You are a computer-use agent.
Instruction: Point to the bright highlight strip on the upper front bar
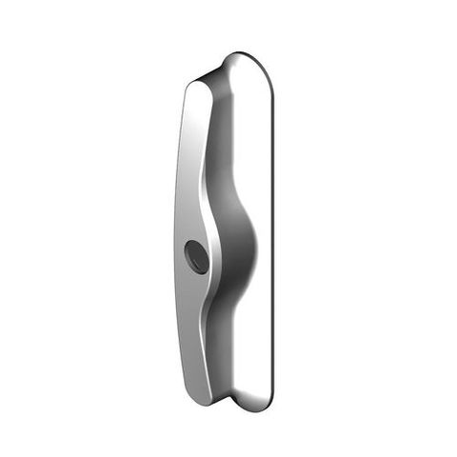coord(195,133)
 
